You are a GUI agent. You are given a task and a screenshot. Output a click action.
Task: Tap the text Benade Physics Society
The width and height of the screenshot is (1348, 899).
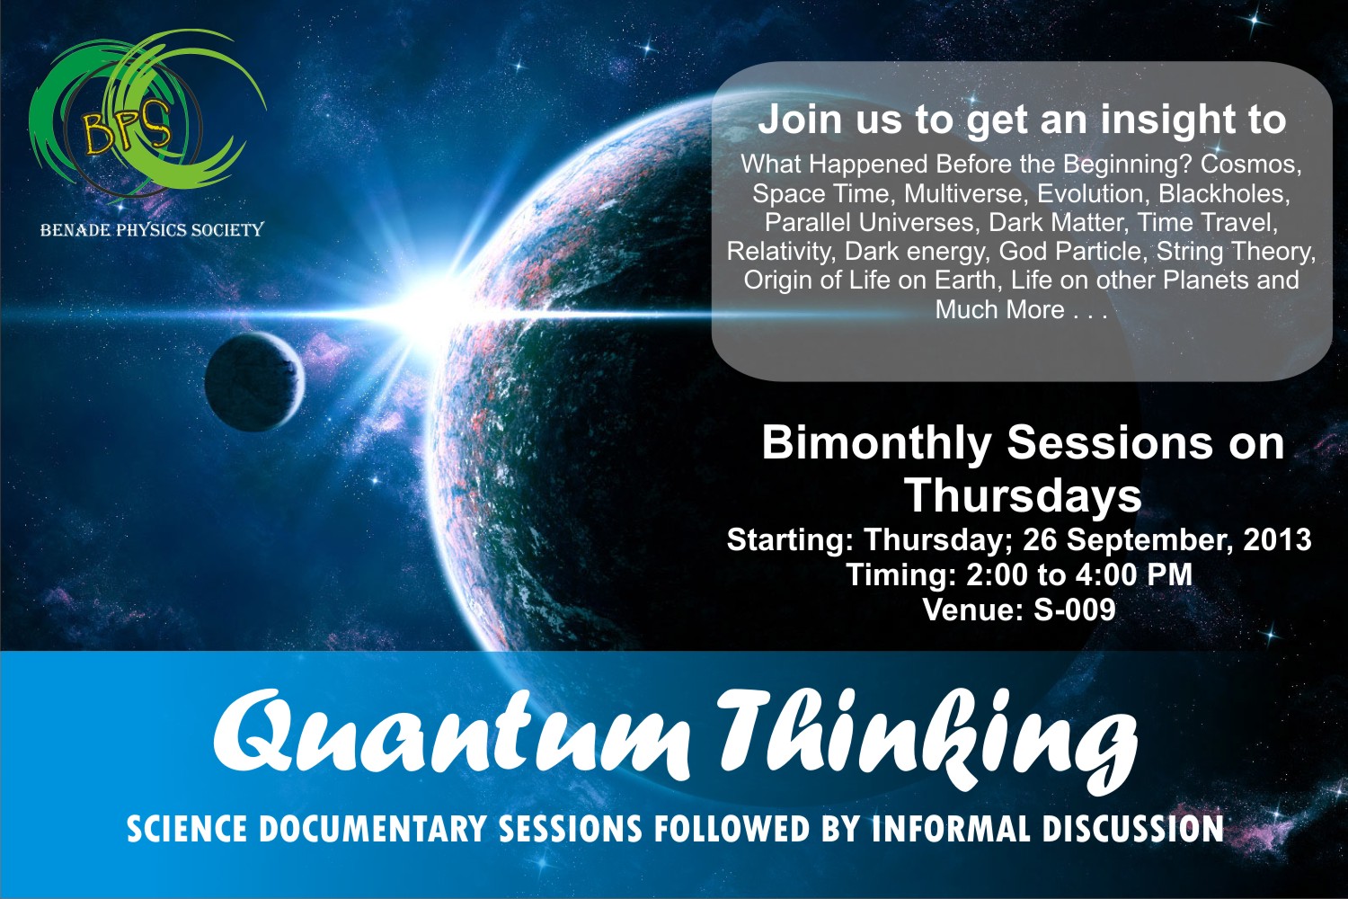tap(152, 229)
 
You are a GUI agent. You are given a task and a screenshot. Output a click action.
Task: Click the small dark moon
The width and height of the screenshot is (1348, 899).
tap(254, 382)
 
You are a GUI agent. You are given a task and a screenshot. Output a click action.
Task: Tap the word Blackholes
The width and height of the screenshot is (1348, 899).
tap(1225, 194)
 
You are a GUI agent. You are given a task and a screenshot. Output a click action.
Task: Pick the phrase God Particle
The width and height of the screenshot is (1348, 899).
tap(1070, 252)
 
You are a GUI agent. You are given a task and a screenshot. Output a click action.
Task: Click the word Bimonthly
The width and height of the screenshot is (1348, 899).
tap(877, 444)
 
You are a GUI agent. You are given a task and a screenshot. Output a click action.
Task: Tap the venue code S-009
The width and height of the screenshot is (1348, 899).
tap(1074, 610)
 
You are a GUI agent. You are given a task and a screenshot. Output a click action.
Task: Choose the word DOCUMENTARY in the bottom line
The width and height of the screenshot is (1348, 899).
tap(373, 829)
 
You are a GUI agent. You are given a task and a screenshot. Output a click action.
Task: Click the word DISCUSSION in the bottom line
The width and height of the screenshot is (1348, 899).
tap(1133, 829)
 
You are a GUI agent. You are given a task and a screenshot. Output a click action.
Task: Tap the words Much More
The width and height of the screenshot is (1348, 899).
tap(999, 309)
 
